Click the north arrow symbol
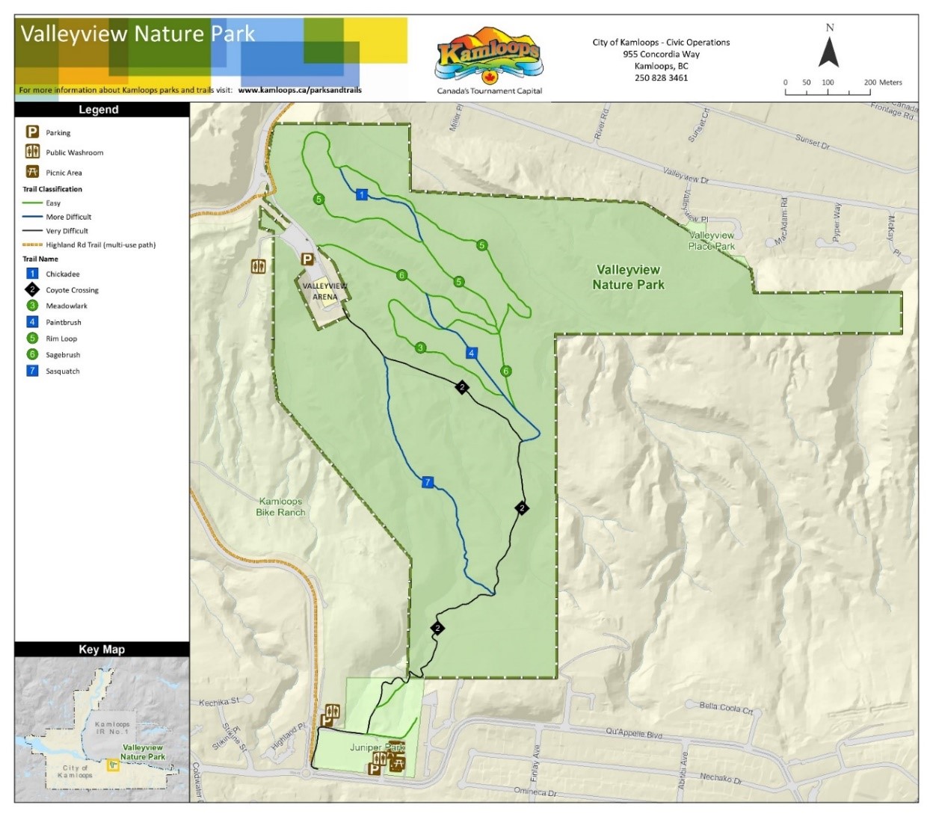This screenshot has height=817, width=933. (x=828, y=52)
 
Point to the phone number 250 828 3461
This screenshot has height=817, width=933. (x=661, y=78)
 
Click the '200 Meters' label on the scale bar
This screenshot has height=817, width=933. (x=883, y=82)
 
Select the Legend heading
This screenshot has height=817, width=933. (x=99, y=110)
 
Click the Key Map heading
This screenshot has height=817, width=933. (x=102, y=650)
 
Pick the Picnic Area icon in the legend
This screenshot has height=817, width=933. (x=32, y=172)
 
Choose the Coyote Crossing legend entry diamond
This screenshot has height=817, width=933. (x=32, y=289)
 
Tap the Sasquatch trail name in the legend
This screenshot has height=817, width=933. (x=63, y=371)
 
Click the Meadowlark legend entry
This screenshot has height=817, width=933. (x=67, y=306)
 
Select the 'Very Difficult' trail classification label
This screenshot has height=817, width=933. (x=67, y=231)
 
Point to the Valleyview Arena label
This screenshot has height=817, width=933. (x=324, y=292)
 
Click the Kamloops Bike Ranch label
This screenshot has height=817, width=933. (x=280, y=507)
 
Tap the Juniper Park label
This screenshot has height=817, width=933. (x=377, y=747)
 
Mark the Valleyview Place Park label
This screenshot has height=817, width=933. (x=712, y=241)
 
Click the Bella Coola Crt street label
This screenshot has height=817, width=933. (x=726, y=708)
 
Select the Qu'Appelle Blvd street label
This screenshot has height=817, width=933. (x=634, y=734)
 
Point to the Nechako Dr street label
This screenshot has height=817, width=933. (x=721, y=779)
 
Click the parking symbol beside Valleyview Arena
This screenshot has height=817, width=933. (x=307, y=259)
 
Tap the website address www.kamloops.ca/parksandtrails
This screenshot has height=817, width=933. (x=300, y=90)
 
